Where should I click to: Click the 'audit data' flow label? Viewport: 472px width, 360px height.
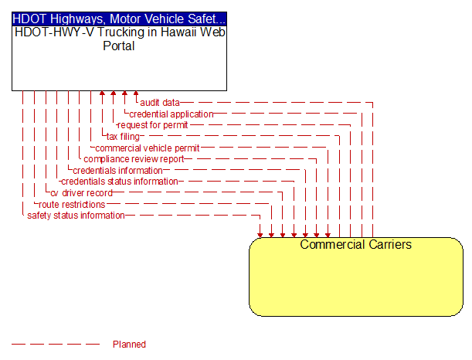point(160,103)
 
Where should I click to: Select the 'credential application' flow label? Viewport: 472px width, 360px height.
point(171,114)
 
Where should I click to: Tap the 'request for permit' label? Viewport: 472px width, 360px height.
point(153,125)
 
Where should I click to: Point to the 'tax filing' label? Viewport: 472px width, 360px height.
point(123,137)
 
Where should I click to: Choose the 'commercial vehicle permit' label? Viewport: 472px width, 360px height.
point(148,148)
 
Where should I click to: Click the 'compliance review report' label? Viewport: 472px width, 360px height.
point(134,159)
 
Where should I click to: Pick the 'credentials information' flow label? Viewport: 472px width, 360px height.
point(117,171)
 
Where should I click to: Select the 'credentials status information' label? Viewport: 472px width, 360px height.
point(120,182)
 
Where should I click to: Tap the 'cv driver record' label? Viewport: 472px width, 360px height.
point(82,193)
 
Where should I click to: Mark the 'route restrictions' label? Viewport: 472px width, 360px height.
point(72,205)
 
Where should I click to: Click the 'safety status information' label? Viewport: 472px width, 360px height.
point(76,216)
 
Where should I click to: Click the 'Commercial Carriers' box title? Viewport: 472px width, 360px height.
point(356,244)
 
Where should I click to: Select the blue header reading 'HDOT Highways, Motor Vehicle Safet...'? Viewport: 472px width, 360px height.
point(119,19)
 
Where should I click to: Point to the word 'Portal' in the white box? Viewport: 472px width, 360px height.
point(119,46)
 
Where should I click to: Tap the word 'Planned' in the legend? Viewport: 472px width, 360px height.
point(129,344)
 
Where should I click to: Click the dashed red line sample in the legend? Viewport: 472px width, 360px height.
point(56,344)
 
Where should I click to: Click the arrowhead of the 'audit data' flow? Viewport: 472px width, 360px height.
point(136,93)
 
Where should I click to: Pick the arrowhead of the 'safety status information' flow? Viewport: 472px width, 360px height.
point(260,235)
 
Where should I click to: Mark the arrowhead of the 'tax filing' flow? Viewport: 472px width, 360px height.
point(102,93)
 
